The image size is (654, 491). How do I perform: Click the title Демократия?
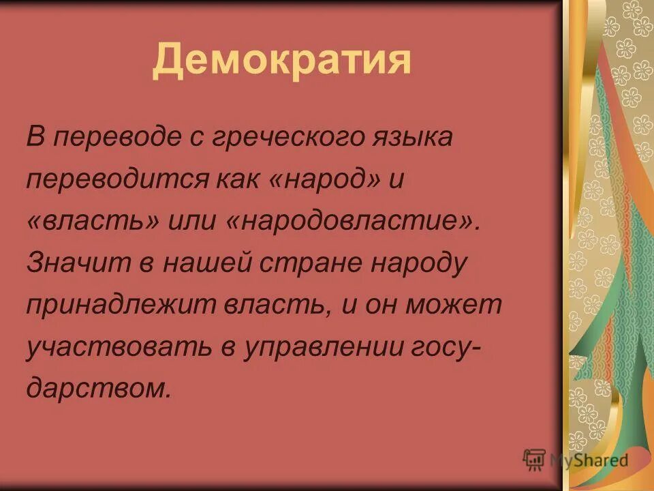click(281, 61)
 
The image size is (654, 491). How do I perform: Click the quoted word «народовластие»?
click(355, 222)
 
